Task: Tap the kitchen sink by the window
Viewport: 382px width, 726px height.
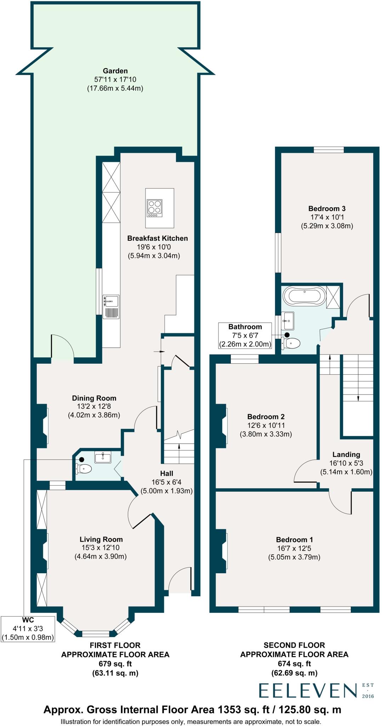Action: (111, 307)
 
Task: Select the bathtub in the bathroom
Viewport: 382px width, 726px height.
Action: (305, 296)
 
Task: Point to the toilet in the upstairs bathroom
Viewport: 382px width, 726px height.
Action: (291, 343)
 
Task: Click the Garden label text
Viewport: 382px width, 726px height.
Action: (115, 71)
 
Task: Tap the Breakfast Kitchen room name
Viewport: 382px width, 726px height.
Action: (158, 238)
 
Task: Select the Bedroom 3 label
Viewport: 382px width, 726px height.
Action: (327, 208)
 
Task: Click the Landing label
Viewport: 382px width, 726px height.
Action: (346, 454)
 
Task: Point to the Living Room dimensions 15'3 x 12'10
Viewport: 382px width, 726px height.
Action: (101, 548)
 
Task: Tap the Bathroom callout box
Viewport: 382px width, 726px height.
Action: (245, 335)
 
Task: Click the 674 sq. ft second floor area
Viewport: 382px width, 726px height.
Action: (294, 664)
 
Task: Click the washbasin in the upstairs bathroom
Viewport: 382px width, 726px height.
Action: (288, 320)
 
